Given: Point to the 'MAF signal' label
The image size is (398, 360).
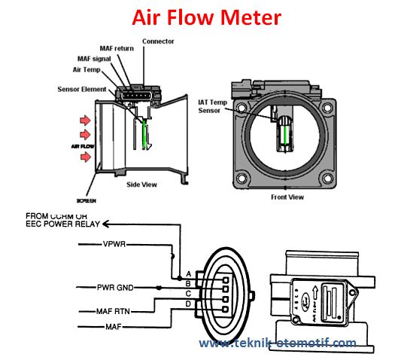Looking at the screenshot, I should (x=95, y=58).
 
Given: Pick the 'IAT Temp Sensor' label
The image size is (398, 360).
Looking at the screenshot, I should (x=213, y=106).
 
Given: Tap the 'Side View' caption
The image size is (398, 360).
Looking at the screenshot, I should (x=141, y=185).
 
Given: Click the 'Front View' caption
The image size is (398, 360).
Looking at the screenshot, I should (x=287, y=197).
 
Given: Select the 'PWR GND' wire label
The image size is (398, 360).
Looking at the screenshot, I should (x=114, y=287).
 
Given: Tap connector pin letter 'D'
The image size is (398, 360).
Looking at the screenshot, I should (x=187, y=304).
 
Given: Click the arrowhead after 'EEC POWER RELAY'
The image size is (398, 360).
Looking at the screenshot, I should (x=106, y=224).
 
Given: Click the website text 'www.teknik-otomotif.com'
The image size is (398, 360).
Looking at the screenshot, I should (x=278, y=343).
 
